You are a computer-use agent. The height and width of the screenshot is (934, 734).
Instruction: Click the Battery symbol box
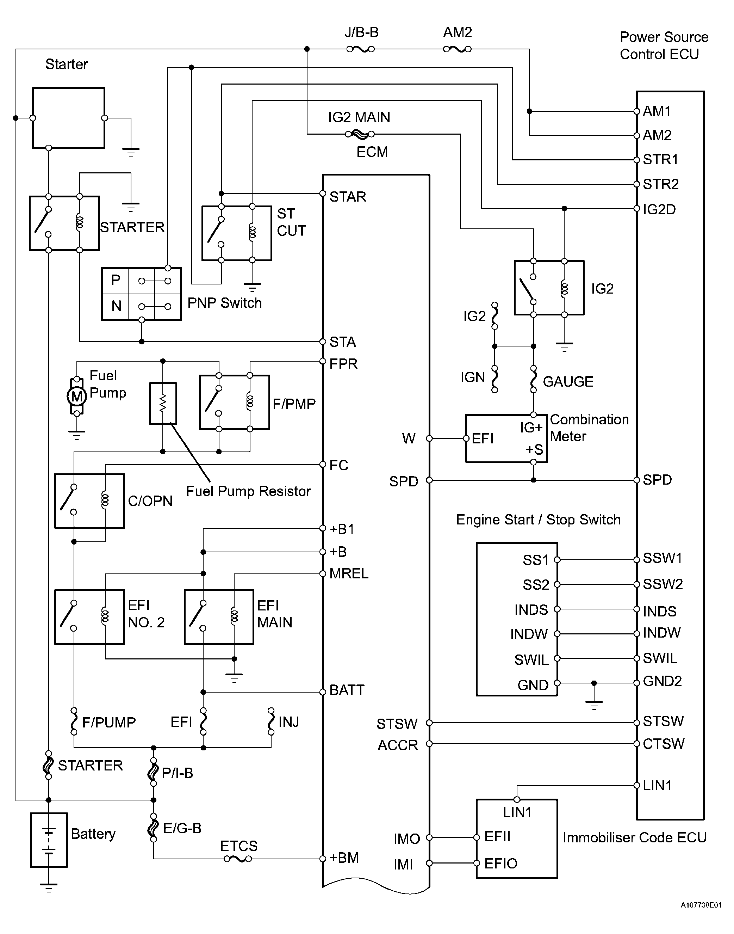(x=49, y=840)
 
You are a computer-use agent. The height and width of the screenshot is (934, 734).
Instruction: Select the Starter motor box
(x=68, y=118)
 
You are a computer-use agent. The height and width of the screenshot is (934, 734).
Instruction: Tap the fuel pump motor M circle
(x=76, y=396)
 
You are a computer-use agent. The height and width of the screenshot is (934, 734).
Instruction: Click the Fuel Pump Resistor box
(x=163, y=403)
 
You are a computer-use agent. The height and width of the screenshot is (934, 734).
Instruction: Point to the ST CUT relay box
(x=237, y=233)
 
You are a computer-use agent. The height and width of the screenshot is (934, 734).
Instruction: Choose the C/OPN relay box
(x=89, y=500)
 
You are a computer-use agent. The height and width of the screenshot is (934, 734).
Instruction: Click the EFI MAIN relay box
(x=219, y=617)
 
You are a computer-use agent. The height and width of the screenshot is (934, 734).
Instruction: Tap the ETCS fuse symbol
(x=238, y=859)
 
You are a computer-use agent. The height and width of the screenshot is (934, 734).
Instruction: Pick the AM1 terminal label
(x=657, y=111)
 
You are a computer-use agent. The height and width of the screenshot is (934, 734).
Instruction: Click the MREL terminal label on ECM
(x=349, y=574)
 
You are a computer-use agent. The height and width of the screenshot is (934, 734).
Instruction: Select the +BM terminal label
(x=344, y=858)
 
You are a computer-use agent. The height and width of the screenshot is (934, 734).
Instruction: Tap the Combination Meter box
(x=506, y=438)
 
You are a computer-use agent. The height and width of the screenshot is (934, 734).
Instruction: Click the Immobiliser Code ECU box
(x=517, y=838)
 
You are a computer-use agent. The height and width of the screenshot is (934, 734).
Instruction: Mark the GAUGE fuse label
(x=568, y=381)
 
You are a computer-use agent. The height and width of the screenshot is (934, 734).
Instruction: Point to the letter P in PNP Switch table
(x=116, y=280)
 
